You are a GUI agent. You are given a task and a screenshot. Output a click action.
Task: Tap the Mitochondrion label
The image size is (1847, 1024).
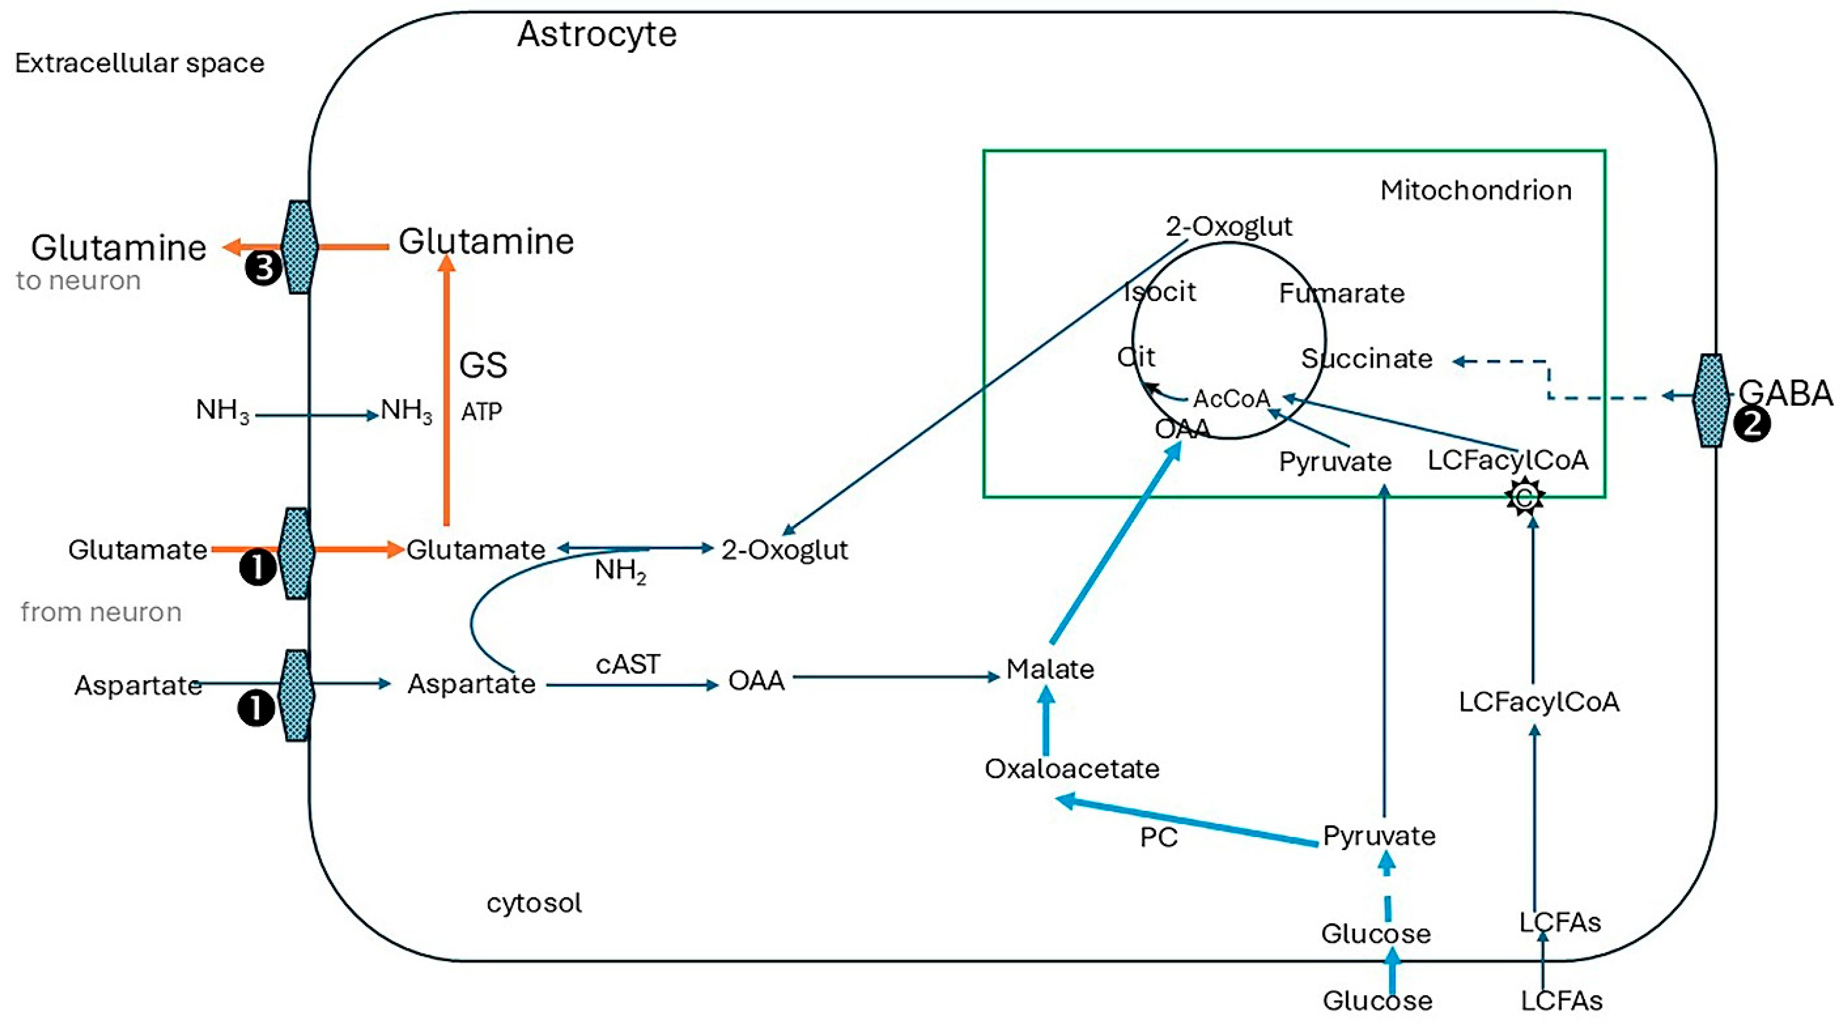pos(1475,190)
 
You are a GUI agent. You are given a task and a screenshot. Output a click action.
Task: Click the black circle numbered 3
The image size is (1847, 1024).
pos(263,268)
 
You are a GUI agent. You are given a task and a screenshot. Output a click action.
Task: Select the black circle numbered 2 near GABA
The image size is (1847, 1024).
pos(1752,425)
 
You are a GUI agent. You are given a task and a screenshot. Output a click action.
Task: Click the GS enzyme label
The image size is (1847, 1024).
pos(483,365)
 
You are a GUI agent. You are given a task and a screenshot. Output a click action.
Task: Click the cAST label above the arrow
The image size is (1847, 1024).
pos(627,664)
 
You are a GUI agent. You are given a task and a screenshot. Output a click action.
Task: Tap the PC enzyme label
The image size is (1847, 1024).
pos(1158,837)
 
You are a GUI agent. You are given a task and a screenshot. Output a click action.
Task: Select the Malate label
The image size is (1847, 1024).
pos(1050,669)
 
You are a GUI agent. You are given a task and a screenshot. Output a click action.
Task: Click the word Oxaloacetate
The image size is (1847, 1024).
pos(1072,768)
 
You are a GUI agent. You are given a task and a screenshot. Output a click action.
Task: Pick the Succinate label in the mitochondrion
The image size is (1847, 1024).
pos(1367,359)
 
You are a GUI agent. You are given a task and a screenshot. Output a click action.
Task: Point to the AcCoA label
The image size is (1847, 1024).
pos(1231,399)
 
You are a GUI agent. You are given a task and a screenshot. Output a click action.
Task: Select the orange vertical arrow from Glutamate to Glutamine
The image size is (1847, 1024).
pos(447,395)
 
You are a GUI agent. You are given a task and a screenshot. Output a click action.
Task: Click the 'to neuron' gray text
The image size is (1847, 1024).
pos(78,280)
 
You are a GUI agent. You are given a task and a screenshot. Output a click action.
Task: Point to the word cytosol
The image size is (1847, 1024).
pos(534,903)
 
